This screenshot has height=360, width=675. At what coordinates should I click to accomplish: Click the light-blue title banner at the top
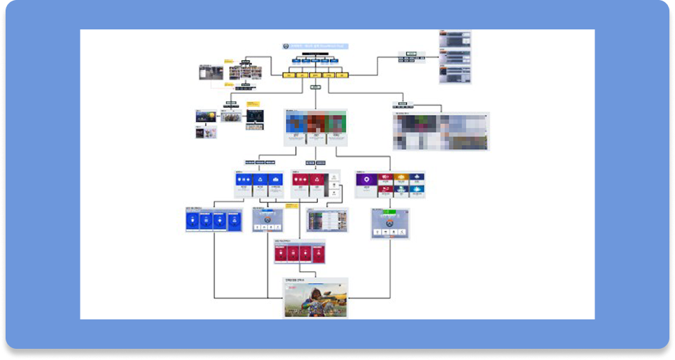pos(315,46)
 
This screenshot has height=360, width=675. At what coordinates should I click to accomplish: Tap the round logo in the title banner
pos(286,46)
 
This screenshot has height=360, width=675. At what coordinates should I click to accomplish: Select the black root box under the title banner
pos(315,54)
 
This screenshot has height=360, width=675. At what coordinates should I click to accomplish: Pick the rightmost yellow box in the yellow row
pos(342,74)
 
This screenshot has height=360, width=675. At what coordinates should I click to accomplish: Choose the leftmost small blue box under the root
pos(296,61)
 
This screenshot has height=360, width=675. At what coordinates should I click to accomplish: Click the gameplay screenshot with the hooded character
pos(316,298)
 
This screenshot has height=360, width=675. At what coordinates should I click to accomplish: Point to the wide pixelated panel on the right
pos(441,132)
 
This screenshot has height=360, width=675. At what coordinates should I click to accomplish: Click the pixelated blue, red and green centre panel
pos(316,126)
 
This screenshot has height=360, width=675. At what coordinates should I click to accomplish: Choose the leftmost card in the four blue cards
pos(192,221)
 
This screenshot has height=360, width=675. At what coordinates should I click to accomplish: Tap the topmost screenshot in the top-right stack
pos(455,38)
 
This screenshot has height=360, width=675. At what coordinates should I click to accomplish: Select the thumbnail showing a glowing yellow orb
pos(205,116)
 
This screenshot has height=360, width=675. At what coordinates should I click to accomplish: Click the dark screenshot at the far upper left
pos(211,72)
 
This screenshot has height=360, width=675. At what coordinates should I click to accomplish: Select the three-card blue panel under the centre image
pos(258,184)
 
